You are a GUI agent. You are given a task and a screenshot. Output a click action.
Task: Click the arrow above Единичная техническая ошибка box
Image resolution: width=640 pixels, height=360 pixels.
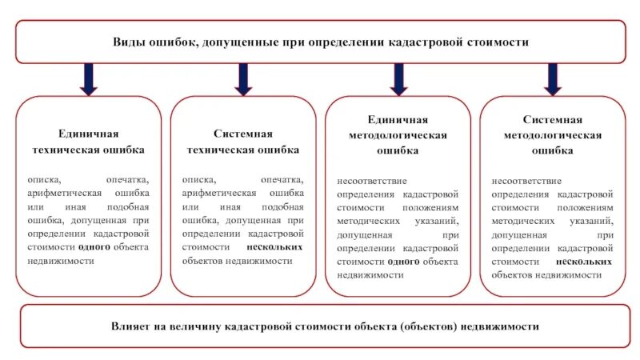[x=88, y=78]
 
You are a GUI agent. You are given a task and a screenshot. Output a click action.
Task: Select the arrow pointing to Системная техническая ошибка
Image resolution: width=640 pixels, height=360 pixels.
[x=243, y=78]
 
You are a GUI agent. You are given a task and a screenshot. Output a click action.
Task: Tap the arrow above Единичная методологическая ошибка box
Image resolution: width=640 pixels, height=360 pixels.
[x=398, y=78]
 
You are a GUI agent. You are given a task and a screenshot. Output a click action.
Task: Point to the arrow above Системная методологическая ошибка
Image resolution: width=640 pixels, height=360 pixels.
[x=552, y=78]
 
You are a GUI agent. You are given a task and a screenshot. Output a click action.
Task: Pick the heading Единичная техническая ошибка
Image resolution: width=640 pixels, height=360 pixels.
[x=88, y=142]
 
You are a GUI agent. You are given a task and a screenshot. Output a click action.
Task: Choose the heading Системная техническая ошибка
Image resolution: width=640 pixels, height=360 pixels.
[x=243, y=142]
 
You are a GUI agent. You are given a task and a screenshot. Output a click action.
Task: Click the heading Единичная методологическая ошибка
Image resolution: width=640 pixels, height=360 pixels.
[x=398, y=134]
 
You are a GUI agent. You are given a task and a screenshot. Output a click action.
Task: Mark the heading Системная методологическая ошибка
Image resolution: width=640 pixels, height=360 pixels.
[x=552, y=134]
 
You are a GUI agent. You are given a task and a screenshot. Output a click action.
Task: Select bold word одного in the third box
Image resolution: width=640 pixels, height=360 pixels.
[x=403, y=261]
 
